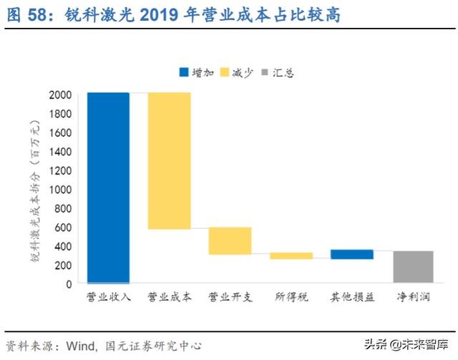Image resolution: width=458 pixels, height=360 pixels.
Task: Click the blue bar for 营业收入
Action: (x=108, y=188)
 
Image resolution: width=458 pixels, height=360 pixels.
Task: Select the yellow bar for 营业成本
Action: (x=169, y=160)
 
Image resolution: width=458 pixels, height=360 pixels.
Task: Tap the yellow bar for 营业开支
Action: (x=230, y=240)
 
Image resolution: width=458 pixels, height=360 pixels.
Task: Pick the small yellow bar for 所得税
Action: (x=291, y=256)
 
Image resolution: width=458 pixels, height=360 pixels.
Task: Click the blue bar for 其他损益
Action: (x=351, y=254)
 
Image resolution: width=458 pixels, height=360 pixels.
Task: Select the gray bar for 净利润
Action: (x=413, y=267)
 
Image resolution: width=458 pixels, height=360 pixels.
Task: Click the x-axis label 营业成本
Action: (x=169, y=296)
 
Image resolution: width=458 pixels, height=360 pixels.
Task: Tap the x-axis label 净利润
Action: (x=413, y=296)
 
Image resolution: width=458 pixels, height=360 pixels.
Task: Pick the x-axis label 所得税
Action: (x=291, y=296)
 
